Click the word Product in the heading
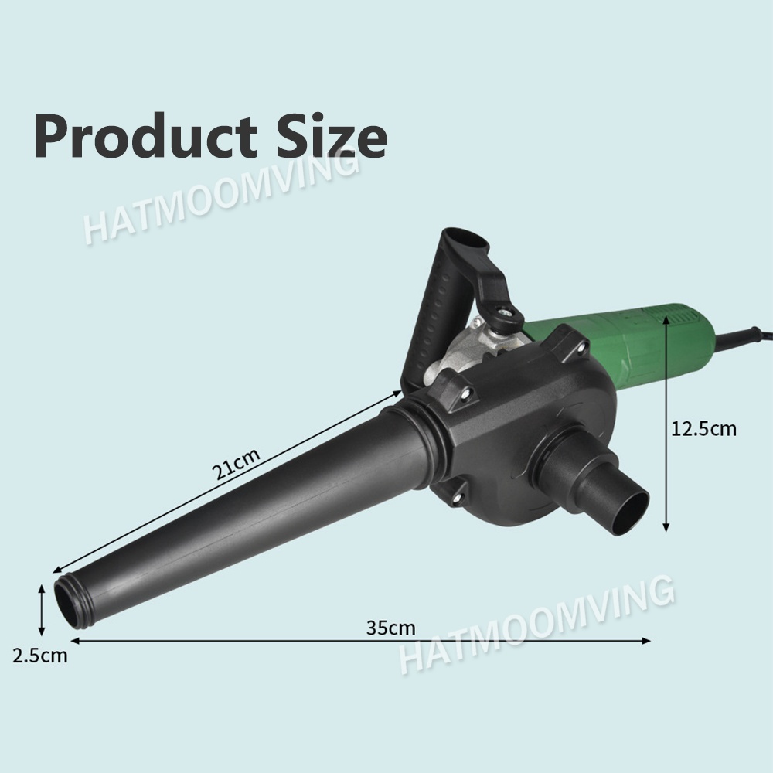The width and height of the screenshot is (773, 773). (146, 135)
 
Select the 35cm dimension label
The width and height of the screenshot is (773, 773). (391, 628)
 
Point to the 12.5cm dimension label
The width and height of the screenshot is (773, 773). (703, 428)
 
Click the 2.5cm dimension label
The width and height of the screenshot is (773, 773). (40, 656)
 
